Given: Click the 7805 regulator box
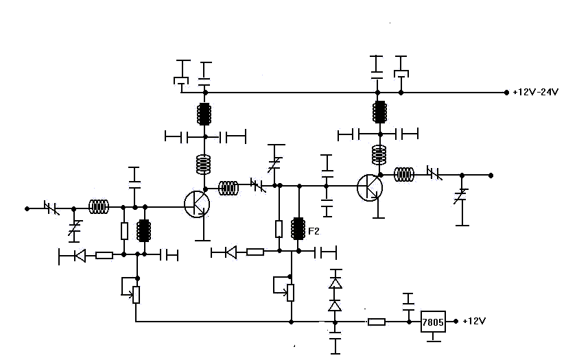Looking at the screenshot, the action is (x=433, y=322).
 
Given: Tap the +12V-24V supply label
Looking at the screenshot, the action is (x=535, y=93).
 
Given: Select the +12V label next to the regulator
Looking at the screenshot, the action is (x=474, y=321).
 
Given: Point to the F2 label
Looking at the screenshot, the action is (x=314, y=231).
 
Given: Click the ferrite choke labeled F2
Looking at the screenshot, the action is (x=298, y=228).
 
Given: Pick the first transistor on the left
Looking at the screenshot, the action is (x=197, y=204).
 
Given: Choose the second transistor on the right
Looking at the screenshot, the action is (x=370, y=188).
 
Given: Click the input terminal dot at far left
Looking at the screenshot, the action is (x=27, y=208).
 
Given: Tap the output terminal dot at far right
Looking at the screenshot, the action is (x=491, y=176).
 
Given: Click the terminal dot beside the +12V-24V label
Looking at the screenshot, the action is (x=506, y=93).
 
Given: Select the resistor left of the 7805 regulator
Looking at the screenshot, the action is (x=377, y=322).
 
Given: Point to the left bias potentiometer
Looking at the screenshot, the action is (x=136, y=294).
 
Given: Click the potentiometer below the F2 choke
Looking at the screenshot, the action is (x=291, y=292).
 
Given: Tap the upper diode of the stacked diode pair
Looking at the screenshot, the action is (x=335, y=283).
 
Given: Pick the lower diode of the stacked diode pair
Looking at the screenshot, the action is (x=335, y=306).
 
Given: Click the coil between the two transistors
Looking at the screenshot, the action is (x=228, y=188).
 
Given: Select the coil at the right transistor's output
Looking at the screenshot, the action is (x=404, y=175).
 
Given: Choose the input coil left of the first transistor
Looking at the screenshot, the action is (x=99, y=206).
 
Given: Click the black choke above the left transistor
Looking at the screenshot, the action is (x=204, y=114).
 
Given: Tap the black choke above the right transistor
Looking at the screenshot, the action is (x=380, y=112).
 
